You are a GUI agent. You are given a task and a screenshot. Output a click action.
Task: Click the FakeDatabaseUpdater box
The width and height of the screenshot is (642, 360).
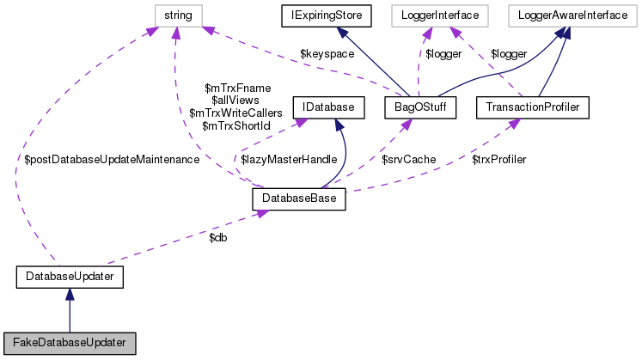(x=70, y=342)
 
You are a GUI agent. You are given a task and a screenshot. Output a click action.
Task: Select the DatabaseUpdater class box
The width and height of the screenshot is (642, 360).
(x=70, y=277)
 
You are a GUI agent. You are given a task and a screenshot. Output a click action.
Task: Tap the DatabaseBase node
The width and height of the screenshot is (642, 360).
(x=299, y=199)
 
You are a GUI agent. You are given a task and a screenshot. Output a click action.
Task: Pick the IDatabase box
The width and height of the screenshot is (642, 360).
(x=327, y=107)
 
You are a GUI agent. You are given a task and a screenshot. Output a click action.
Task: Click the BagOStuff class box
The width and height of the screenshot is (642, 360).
(x=418, y=107)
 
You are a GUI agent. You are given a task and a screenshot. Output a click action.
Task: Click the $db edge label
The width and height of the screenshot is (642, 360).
(x=217, y=236)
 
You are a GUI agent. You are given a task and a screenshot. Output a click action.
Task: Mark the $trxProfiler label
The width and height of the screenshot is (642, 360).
(x=498, y=160)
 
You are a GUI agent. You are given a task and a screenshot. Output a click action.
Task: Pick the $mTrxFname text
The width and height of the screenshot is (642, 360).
(x=236, y=88)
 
